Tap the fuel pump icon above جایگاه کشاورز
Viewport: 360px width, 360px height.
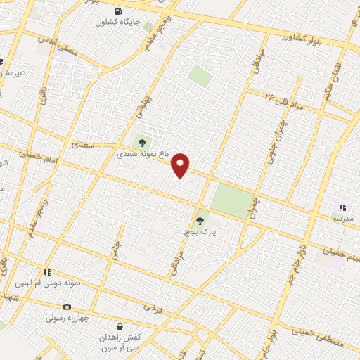(x=118, y=11)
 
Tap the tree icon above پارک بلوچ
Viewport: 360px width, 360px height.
(x=200, y=221)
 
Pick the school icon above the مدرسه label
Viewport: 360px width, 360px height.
(x=342, y=207)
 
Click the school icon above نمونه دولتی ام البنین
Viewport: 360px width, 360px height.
(x=48, y=271)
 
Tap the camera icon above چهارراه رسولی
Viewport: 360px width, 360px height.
(x=67, y=307)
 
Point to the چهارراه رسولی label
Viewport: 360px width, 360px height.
(x=68, y=317)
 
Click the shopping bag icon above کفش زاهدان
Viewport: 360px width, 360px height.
(x=120, y=327)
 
